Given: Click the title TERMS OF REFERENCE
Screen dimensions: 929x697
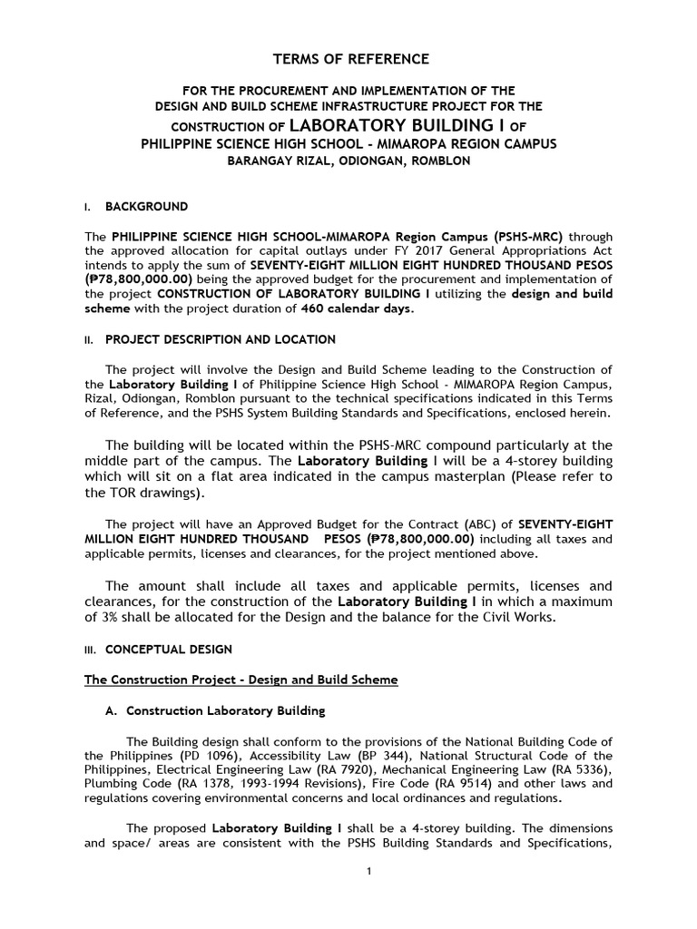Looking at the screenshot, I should [x=351, y=59].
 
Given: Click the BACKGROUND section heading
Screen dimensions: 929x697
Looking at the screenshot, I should [x=146, y=207].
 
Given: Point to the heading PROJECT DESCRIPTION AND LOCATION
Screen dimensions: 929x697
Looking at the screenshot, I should [x=221, y=339].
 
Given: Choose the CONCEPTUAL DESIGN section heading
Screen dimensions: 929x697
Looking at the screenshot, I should [x=169, y=650].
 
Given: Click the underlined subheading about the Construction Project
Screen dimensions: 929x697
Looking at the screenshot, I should [x=241, y=680].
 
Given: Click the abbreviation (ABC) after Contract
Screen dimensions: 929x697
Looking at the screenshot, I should [x=442, y=523].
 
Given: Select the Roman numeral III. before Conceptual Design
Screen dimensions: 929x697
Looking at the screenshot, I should [x=90, y=650].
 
